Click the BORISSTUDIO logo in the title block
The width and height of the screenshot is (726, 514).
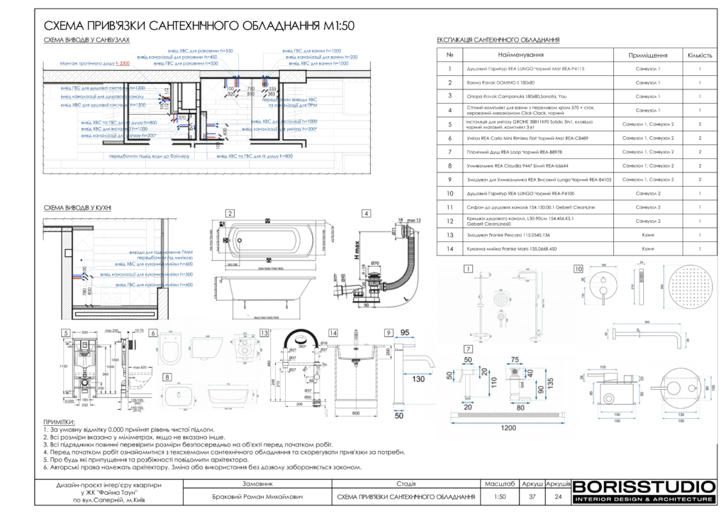tap(643, 487)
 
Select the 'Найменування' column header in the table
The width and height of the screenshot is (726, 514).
tap(521, 55)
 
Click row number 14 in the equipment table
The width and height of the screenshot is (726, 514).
tap(449, 249)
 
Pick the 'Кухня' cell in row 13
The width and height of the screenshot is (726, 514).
tap(647, 234)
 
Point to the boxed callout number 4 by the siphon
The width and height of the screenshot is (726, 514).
tap(366, 213)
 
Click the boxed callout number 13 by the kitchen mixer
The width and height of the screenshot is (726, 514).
tap(264, 332)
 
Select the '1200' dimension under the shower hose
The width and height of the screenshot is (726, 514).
tap(507, 429)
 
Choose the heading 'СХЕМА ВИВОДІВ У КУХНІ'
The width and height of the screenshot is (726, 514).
tap(77, 207)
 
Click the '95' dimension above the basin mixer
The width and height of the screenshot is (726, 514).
tap(406, 332)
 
